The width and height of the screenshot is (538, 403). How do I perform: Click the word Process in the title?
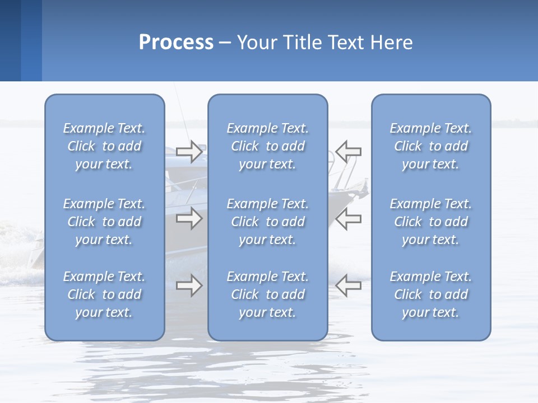176,43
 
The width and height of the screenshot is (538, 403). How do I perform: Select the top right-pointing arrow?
189,152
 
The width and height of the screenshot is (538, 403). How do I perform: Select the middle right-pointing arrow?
189,218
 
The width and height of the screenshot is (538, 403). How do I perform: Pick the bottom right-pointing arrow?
189,285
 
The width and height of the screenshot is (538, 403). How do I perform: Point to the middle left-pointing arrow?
348,218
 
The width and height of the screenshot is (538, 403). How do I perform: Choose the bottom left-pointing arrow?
348,285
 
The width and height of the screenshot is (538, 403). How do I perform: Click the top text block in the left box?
104,146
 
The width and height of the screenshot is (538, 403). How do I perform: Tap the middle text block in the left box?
104,222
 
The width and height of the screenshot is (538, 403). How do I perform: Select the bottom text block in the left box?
104,294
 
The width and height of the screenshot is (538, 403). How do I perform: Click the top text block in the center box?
268,146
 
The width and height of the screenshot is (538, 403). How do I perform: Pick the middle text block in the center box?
268,222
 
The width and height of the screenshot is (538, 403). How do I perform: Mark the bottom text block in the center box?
268,294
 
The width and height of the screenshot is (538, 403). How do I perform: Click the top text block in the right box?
431,146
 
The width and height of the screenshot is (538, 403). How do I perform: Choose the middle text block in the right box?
431,222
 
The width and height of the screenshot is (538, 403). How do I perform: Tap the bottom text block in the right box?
431,294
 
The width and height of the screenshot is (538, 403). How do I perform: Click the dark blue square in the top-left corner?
10,40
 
